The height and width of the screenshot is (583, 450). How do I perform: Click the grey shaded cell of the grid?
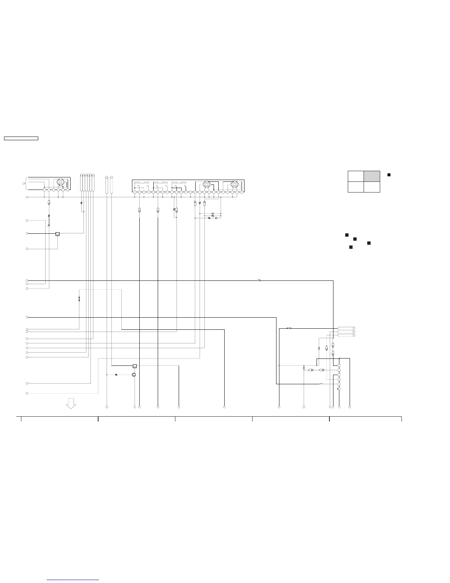click(x=372, y=176)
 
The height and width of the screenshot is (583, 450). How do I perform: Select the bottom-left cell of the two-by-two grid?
click(x=356, y=187)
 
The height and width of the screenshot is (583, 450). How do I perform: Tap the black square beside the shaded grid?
click(x=389, y=174)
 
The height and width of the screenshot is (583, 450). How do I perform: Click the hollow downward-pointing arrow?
click(x=71, y=403)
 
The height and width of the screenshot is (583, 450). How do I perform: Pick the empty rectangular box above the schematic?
click(x=21, y=138)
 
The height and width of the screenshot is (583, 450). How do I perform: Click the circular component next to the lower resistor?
click(x=134, y=375)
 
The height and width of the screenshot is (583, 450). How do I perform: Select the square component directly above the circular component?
click(x=135, y=366)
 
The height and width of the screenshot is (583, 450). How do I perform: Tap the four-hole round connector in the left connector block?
click(x=60, y=183)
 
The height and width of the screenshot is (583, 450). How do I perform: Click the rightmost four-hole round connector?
click(x=234, y=184)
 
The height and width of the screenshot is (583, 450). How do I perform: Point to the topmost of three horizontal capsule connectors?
click(x=346, y=328)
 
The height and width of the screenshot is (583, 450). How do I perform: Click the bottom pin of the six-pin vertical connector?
click(x=339, y=389)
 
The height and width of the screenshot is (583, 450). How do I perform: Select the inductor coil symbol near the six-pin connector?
click(x=321, y=384)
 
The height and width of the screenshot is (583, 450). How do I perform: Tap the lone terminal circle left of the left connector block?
click(x=24, y=183)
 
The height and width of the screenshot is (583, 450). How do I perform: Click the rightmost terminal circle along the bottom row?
click(x=350, y=407)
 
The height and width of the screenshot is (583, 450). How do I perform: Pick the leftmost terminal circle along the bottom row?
click(x=107, y=407)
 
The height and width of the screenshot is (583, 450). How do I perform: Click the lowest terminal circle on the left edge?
click(x=27, y=393)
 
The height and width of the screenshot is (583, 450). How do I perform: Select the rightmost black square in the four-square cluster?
click(x=369, y=243)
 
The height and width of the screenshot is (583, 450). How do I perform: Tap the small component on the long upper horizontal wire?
click(x=260, y=280)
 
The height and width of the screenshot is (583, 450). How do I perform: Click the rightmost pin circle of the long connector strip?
click(x=241, y=192)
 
